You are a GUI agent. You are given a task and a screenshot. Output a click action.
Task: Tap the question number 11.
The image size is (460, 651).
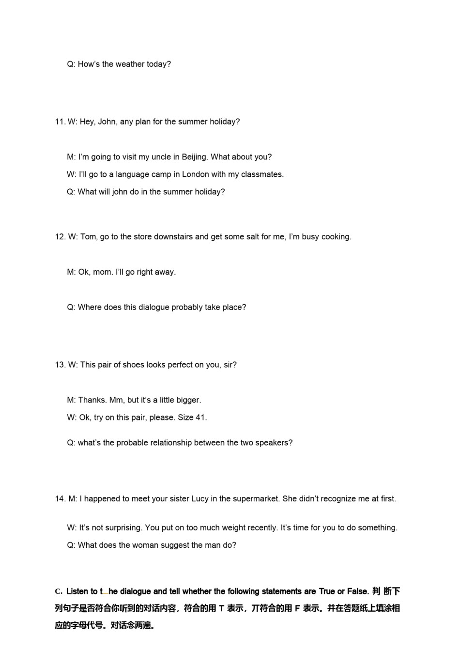(x=60, y=122)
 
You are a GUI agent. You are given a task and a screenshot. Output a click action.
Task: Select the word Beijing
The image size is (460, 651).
(x=194, y=157)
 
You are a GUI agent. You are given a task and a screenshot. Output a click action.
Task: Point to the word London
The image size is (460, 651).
(x=195, y=175)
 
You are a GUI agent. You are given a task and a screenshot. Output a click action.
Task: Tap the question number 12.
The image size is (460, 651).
(x=60, y=237)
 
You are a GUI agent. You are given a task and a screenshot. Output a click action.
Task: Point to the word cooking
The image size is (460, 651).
(x=336, y=237)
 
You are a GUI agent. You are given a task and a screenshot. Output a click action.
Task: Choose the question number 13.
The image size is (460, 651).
(x=60, y=365)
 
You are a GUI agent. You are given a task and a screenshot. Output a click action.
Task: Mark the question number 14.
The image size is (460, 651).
(x=60, y=499)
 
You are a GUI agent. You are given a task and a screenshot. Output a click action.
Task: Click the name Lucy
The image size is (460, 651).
(x=200, y=499)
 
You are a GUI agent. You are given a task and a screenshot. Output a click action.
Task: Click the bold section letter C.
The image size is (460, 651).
(x=58, y=591)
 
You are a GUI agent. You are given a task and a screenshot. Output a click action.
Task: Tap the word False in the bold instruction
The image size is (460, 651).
(x=357, y=591)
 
